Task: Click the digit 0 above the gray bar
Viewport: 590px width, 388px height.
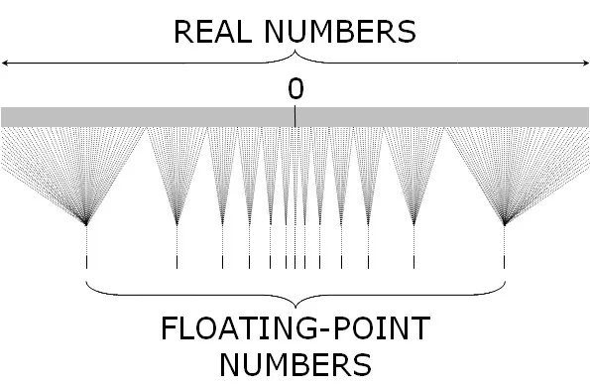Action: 295,89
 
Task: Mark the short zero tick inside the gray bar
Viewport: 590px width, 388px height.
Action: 295,119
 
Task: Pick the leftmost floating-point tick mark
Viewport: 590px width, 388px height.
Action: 87,262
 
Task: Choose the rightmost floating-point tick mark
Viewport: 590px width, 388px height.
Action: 505,262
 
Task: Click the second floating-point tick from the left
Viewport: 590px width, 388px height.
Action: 177,262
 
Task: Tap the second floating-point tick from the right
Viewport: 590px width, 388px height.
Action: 415,262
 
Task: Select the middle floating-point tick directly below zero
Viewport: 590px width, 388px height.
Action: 295,262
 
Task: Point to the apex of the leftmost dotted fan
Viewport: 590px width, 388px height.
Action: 87,223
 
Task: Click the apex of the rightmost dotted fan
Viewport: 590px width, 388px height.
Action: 505,223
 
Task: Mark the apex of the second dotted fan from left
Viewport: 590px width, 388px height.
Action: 177,223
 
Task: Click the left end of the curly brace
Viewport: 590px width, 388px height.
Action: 88,282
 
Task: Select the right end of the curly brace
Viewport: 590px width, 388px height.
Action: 504,282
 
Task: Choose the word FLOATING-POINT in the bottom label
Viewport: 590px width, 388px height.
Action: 295,329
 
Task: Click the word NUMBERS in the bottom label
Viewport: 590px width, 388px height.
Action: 295,363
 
